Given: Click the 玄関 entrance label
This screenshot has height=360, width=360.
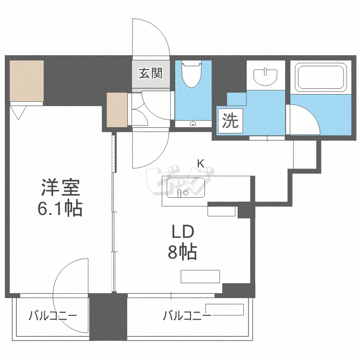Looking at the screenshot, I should [x=151, y=73].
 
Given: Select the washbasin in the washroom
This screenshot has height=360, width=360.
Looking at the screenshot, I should [x=265, y=76].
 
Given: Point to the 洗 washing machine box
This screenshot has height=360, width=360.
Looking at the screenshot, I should [x=229, y=120].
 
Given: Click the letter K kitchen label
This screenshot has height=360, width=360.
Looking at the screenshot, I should [x=201, y=164].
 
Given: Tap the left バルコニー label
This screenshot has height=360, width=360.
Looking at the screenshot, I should [x=52, y=316].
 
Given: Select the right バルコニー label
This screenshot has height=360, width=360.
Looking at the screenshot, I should [x=186, y=316].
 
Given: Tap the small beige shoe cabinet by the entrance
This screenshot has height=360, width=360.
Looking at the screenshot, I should [x=117, y=110].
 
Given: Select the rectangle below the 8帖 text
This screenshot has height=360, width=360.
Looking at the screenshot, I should [x=200, y=276].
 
